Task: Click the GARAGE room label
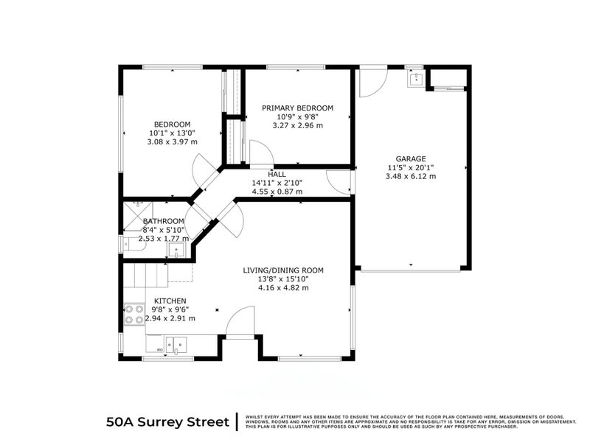coord(411,158)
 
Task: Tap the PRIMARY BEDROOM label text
coord(297,108)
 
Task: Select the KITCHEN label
coord(170,301)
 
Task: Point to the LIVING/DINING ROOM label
coord(283,270)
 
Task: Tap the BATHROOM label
coord(163,221)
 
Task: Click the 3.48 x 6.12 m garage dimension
coord(411,176)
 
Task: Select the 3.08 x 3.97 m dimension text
coord(172,141)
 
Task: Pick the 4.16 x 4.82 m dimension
coord(283,287)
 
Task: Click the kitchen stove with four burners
coord(133,315)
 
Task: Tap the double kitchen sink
coord(176,343)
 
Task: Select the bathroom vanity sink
coord(176,251)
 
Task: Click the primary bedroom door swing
coord(260,154)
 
